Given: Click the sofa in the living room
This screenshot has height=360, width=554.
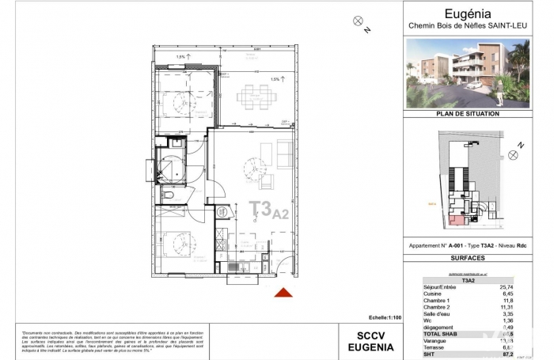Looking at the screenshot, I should [x=283, y=151].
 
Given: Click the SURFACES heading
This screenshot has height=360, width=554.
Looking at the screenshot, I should [x=469, y=258].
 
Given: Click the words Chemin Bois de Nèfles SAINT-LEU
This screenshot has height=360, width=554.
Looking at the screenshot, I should [x=469, y=25].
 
